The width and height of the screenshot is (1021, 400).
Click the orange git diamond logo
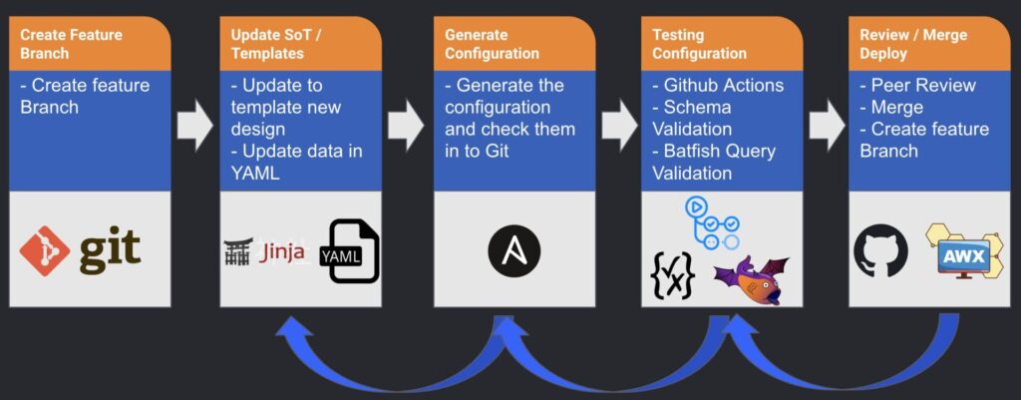[44, 250]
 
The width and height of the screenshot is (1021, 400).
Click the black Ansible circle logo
[514, 251]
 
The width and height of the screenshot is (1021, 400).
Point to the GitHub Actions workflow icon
[712, 223]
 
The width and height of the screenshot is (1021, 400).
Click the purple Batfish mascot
[752, 280]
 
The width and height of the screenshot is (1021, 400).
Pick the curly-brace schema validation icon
[673, 275]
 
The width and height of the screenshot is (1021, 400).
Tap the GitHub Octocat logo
[880, 250]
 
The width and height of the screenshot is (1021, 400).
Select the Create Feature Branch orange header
[90, 44]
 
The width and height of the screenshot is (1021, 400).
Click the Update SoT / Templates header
[300, 44]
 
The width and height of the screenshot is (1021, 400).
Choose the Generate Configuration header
[514, 44]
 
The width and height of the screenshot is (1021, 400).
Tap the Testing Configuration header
[722, 44]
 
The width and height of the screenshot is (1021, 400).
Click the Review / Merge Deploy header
[930, 44]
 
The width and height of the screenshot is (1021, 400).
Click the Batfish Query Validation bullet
[714, 163]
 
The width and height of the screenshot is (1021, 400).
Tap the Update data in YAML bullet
[297, 163]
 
